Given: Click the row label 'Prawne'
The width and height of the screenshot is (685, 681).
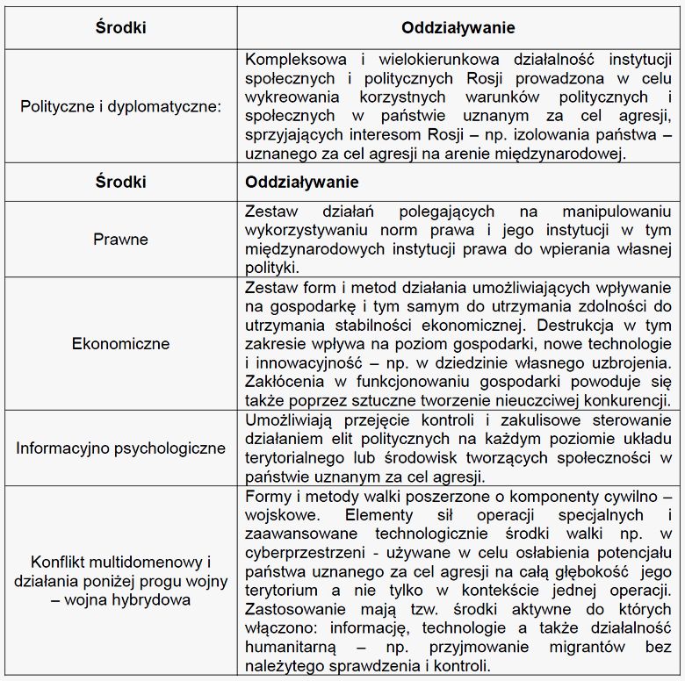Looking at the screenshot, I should [x=121, y=240].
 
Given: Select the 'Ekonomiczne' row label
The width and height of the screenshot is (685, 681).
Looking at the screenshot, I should [x=121, y=343].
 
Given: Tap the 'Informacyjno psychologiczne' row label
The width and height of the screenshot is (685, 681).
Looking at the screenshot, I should [x=121, y=448].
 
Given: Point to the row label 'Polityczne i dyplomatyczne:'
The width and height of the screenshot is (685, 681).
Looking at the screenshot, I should [x=121, y=106].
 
